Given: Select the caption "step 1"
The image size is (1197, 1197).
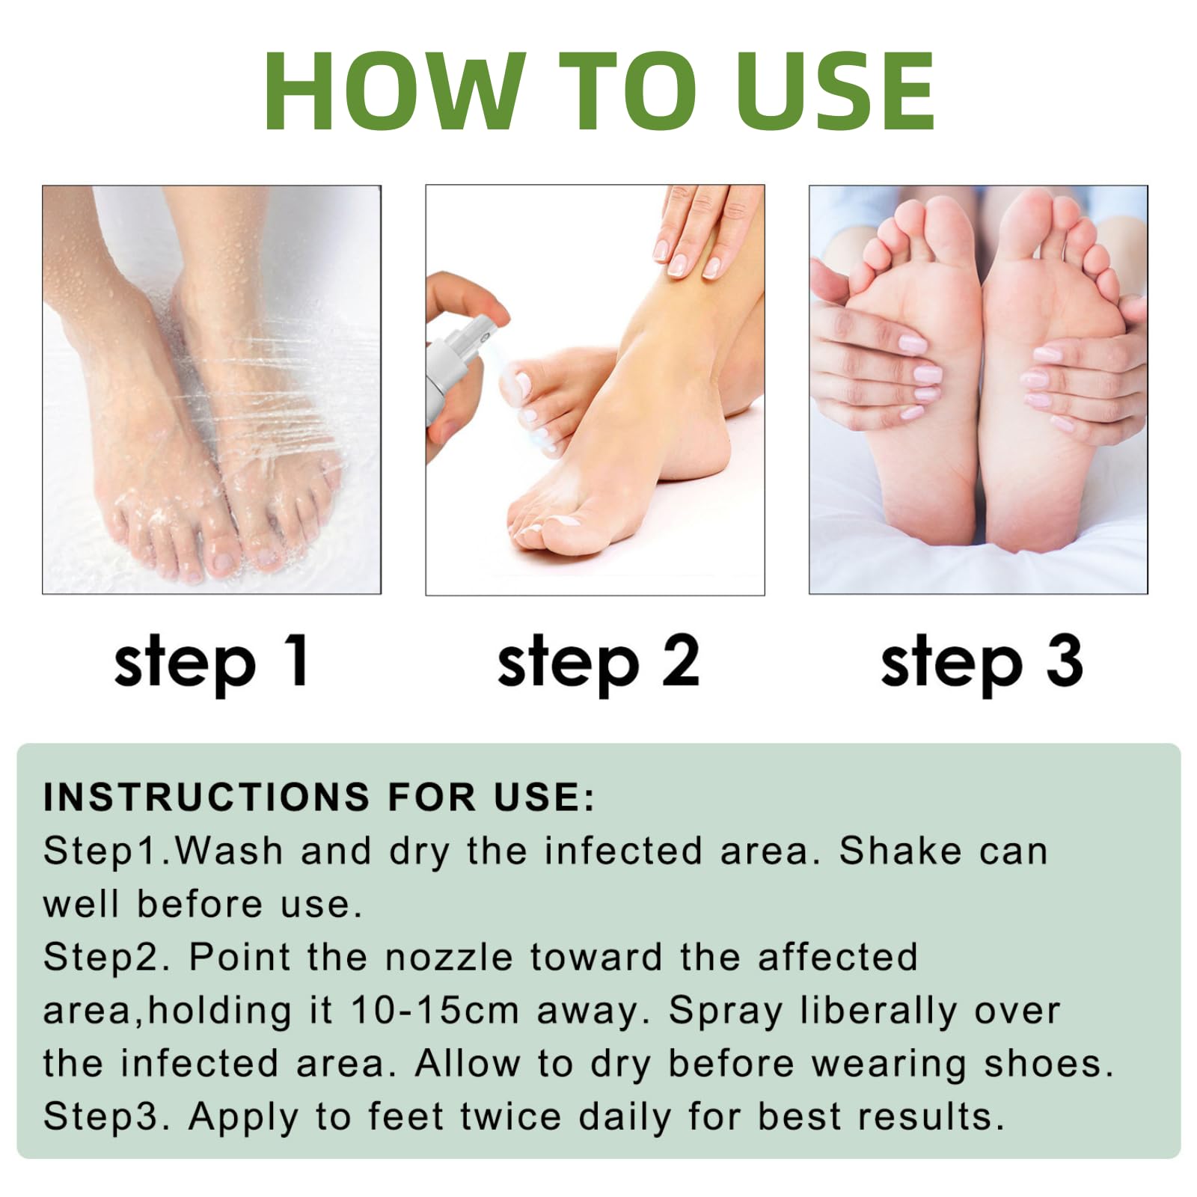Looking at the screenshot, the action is pyautogui.click(x=211, y=661).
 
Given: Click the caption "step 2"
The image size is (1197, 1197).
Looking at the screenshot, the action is pyautogui.click(x=598, y=661).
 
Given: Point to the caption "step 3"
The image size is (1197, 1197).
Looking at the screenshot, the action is pyautogui.click(x=982, y=661).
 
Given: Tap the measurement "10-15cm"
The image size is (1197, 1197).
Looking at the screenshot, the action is pyautogui.click(x=435, y=1010).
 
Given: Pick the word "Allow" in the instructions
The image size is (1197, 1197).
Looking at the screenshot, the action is pyautogui.click(x=467, y=1063).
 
